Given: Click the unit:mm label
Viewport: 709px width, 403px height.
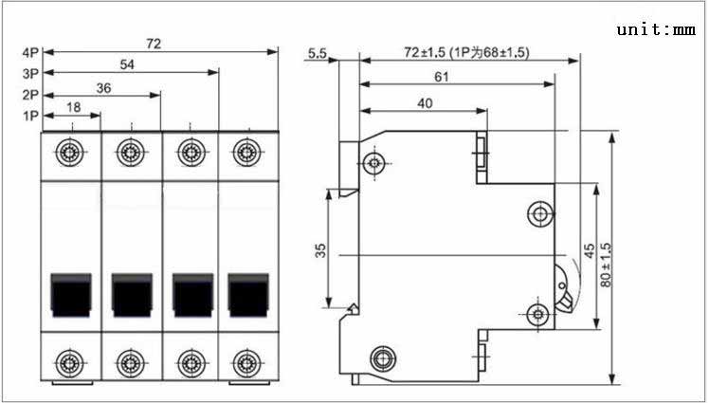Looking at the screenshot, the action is [656, 29].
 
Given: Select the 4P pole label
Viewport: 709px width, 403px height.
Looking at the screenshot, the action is [31, 52].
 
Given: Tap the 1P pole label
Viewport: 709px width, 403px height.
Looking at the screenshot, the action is [31, 117].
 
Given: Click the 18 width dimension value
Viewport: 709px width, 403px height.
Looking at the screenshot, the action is [73, 107].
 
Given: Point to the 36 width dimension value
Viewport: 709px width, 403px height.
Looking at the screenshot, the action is [103, 88].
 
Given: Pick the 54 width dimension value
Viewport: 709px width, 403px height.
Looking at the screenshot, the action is [127, 64].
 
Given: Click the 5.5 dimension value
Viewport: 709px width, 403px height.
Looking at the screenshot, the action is [317, 53].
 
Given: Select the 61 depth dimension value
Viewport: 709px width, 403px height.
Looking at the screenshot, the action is [442, 77].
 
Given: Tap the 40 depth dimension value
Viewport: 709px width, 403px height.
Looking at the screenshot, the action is [425, 103].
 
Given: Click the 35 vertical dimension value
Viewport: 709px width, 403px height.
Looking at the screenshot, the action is [320, 250].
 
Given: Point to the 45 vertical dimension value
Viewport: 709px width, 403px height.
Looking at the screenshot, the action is [590, 251].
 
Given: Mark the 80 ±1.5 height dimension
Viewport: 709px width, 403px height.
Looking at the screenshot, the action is [606, 265].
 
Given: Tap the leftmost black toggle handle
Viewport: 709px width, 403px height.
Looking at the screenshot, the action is [71, 295].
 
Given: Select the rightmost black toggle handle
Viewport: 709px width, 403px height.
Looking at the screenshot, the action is [248, 295].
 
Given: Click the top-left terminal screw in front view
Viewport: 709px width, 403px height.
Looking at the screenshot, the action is [69, 153].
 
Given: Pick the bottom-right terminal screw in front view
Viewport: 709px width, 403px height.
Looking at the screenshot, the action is [246, 363].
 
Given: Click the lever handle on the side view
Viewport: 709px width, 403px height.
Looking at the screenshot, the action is [563, 288].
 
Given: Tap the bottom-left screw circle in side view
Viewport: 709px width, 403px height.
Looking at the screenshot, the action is [384, 358].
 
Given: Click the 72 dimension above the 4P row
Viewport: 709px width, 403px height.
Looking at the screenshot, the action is [154, 44].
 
